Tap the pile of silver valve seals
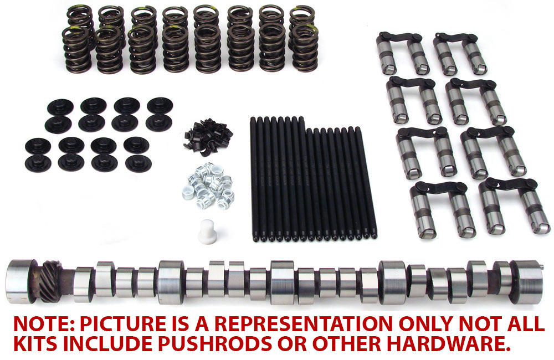point(208,188)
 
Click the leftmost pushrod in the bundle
point(254,177)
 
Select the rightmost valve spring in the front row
point(304,50)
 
